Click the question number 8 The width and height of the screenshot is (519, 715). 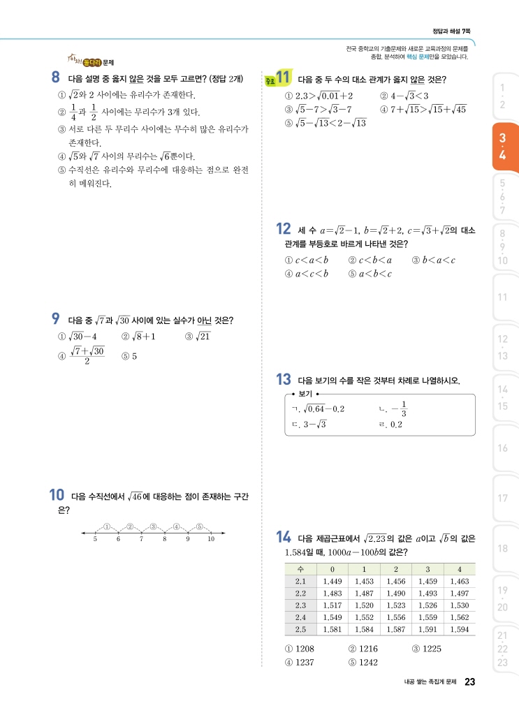[x=55, y=78]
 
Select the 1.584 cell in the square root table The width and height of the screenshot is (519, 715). [x=364, y=629]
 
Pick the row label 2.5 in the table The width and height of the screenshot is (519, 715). [x=301, y=629]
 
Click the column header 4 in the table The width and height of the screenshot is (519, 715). [x=460, y=569]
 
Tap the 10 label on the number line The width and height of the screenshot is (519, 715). [x=211, y=539]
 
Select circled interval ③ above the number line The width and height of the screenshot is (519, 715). [x=153, y=526]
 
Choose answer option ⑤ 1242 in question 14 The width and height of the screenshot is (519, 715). [x=363, y=662]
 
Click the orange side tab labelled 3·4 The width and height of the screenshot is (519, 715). [x=503, y=147]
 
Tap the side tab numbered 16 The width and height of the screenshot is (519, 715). [x=503, y=448]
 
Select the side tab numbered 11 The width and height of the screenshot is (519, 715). [x=503, y=297]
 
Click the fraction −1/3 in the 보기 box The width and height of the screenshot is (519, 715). [x=400, y=410]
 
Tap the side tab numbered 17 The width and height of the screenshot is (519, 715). [x=503, y=498]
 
